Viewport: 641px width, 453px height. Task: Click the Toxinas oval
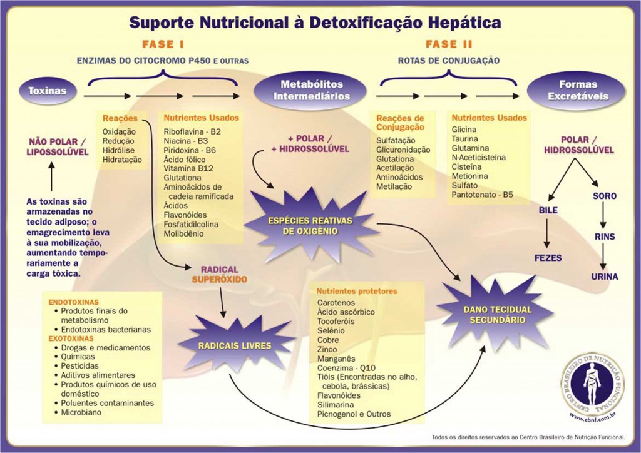pos(47,91)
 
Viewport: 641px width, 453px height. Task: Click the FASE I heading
pos(163,44)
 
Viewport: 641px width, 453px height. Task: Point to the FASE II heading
pos(449,44)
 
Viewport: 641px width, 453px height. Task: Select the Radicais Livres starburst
pos(234,345)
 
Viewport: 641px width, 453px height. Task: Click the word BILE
pos(548,211)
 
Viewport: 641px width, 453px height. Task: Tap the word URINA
pos(604,276)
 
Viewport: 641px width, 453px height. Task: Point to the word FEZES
pos(548,258)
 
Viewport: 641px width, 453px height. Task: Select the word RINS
pos(605,237)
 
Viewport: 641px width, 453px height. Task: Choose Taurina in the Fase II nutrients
pos(465,138)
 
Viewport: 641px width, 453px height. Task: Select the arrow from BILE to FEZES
pos(548,234)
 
